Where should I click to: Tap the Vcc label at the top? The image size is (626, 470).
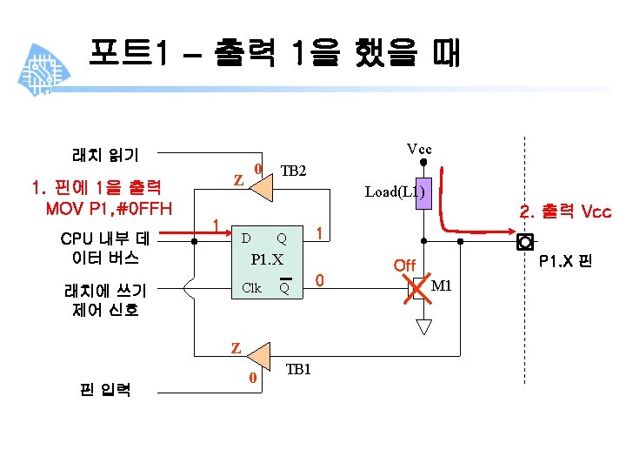pos(419,149)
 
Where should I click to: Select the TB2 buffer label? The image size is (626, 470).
pos(293,171)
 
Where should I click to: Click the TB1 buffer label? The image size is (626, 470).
pos(298,369)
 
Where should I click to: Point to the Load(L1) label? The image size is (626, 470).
pos(395,191)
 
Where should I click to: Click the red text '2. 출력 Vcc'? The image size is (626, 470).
pos(564,211)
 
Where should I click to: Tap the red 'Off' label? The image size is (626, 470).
pos(404,265)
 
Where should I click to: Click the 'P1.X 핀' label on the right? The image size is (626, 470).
pos(565,259)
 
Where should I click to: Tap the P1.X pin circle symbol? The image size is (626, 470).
pos(524,240)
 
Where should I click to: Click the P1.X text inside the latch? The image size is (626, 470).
pos(267,259)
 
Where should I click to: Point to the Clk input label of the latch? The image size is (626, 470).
pos(251,288)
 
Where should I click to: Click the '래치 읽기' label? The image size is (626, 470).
pos(104,155)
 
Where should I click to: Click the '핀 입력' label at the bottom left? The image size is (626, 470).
pos(104,389)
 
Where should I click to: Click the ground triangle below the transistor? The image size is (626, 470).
pos(423,327)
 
